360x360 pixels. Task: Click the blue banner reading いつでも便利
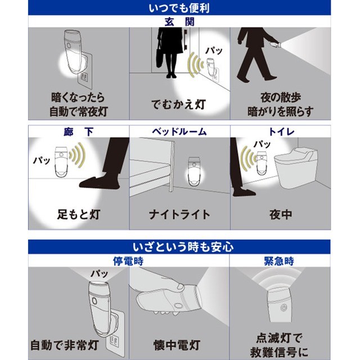[179, 8]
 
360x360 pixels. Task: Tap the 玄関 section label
[179, 22]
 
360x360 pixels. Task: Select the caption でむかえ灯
[178, 105]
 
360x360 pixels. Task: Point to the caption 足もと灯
[79, 214]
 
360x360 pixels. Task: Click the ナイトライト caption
[179, 215]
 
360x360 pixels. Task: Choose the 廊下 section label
[79, 132]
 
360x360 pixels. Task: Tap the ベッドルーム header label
[179, 132]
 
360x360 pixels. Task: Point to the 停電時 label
[128, 261]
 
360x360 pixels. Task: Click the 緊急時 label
[279, 261]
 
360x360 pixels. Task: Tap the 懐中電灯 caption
[177, 345]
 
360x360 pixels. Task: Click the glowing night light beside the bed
[194, 172]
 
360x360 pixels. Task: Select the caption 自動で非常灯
[65, 345]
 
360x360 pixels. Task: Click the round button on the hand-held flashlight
[178, 305]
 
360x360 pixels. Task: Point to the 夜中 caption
[281, 215]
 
